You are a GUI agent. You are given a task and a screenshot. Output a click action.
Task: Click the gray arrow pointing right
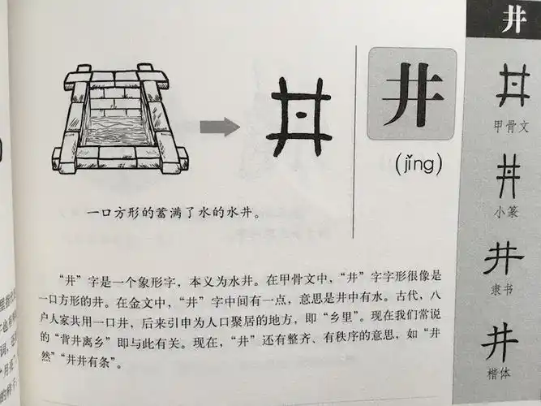219,126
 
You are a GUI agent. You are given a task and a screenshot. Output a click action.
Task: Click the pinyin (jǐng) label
418,166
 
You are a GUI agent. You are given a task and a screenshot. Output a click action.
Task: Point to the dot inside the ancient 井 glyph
300,115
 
